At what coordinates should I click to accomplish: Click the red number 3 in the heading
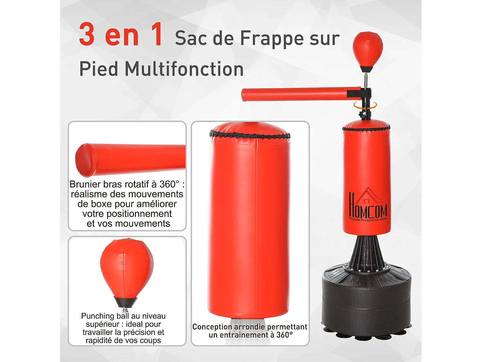(87, 34)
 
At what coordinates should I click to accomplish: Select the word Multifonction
(184, 69)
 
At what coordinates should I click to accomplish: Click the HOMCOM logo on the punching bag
(368, 206)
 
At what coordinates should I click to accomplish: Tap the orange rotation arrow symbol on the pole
(365, 106)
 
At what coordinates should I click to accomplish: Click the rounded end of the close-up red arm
(82, 160)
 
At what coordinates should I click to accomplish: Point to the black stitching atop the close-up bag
(250, 135)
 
